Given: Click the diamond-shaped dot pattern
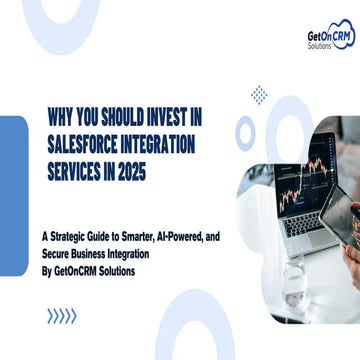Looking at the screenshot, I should pyautogui.click(x=259, y=95).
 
